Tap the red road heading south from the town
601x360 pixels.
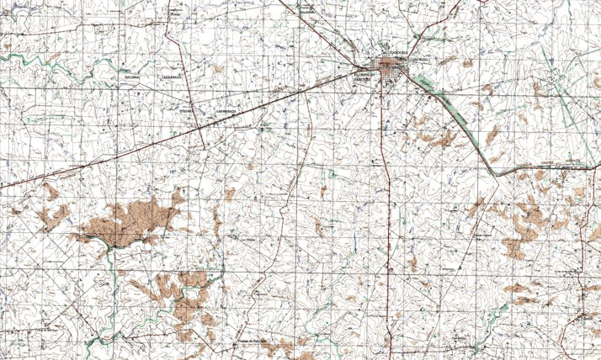[384, 168]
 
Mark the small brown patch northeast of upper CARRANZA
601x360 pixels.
[219, 67]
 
